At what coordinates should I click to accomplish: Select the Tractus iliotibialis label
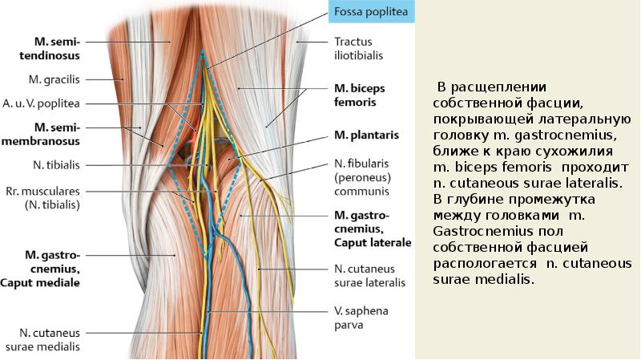[x=358, y=48]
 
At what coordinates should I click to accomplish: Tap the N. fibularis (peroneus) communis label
[x=361, y=177]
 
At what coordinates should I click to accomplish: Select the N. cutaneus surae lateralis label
[x=369, y=276]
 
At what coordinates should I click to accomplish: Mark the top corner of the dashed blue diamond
[x=204, y=51]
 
